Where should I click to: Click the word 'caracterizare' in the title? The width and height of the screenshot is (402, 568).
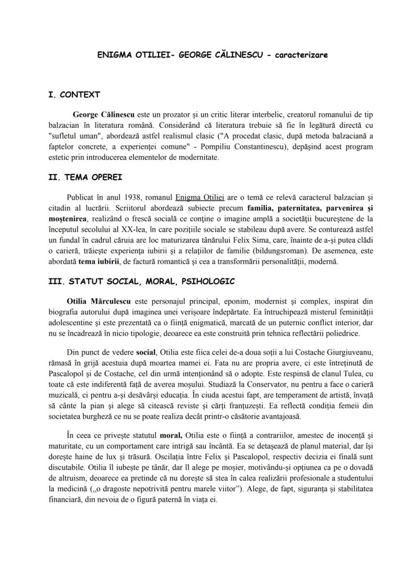pyautogui.click(x=301, y=55)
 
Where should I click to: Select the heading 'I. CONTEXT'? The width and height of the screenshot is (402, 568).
pyautogui.click(x=74, y=95)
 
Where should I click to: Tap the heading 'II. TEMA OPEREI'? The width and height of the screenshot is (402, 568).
pyautogui.click(x=85, y=177)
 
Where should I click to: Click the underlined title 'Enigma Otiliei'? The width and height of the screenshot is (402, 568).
pyautogui.click(x=200, y=197)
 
